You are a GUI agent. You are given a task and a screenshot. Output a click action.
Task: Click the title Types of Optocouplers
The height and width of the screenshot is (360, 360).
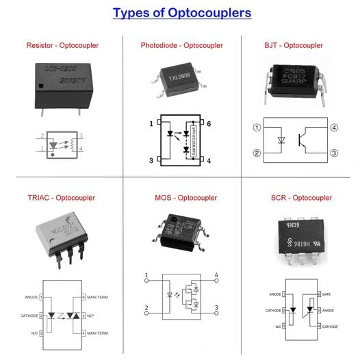tap(182, 13)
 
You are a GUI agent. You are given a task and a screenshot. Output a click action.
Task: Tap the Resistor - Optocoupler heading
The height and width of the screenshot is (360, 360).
tap(61, 45)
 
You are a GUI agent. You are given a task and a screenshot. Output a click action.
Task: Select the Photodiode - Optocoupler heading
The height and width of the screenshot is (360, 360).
tap(181, 45)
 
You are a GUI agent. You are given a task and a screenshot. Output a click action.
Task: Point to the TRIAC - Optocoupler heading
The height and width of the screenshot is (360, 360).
tap(62, 198)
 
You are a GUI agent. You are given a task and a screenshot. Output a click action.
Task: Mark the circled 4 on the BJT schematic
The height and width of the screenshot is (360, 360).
tap(335, 127)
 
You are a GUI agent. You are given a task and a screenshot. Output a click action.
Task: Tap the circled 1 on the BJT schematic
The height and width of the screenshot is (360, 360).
tap(257, 127)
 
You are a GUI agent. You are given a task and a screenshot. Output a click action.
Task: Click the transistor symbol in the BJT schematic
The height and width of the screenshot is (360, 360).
tap(301, 140)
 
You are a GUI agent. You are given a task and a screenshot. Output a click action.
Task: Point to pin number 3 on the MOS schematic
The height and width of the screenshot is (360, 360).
tap(216, 307)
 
